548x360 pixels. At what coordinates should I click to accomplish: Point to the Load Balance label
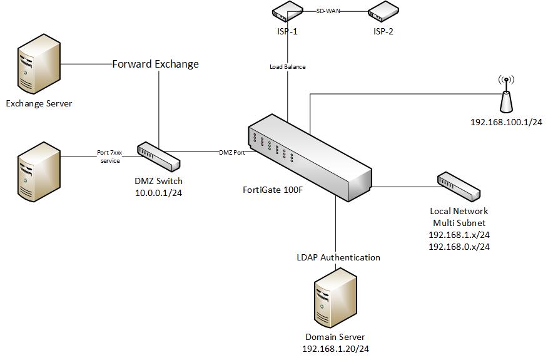coord(288,66)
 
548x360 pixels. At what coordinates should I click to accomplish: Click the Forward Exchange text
coord(155,64)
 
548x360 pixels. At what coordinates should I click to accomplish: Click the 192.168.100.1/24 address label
coord(506,122)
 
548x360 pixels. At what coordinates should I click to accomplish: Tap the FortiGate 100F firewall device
coord(307,157)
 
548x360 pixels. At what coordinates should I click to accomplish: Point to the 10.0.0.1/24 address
coord(159,193)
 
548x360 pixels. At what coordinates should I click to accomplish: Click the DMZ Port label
coord(232,152)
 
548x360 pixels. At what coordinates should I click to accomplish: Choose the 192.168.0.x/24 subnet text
coord(459,247)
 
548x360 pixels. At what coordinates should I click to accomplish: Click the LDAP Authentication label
coord(338,257)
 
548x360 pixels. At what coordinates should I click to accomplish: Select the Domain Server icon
coord(335,297)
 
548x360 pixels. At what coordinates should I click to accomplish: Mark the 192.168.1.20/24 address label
coord(335,349)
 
